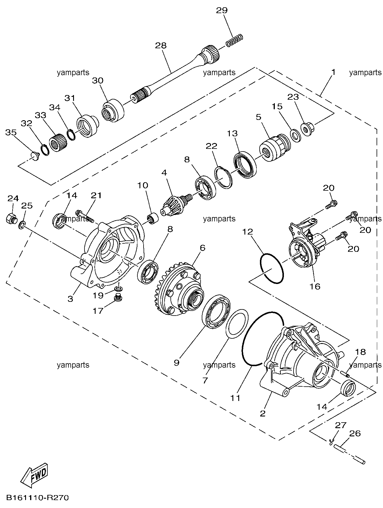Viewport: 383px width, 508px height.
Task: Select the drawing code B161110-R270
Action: click(x=37, y=498)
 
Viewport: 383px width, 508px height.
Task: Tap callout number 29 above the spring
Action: click(x=222, y=11)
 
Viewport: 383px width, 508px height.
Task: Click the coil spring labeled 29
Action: click(x=234, y=40)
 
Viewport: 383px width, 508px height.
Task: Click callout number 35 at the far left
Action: click(x=11, y=132)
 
